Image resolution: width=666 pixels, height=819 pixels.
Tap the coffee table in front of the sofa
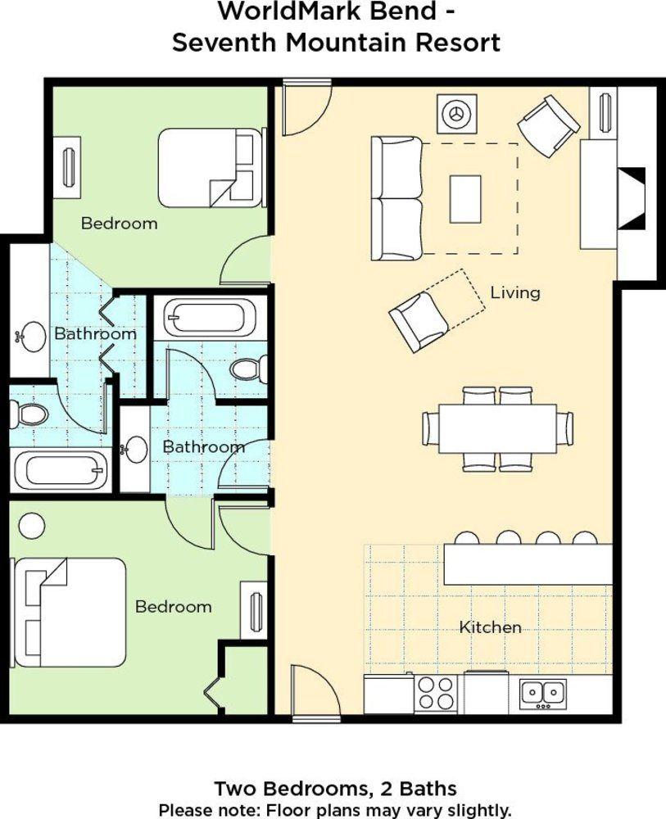click(x=465, y=199)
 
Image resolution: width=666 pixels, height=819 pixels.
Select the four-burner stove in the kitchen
click(x=435, y=694)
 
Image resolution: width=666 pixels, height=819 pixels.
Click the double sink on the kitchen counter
click(x=542, y=694)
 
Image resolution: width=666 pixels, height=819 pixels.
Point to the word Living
click(x=515, y=292)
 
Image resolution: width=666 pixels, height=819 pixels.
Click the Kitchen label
click(x=490, y=627)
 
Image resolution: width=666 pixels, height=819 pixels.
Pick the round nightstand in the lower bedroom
click(x=31, y=525)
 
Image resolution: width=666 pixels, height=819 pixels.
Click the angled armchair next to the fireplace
click(x=548, y=125)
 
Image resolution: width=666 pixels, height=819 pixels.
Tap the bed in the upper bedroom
click(x=211, y=167)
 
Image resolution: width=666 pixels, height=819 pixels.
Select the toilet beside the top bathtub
click(x=248, y=369)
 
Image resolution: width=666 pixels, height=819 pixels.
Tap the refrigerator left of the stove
click(x=388, y=694)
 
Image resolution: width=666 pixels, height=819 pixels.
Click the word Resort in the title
click(x=454, y=43)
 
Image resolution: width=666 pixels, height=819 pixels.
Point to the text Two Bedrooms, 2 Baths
click(x=335, y=789)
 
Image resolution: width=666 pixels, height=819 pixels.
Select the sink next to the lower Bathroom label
click(x=136, y=448)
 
